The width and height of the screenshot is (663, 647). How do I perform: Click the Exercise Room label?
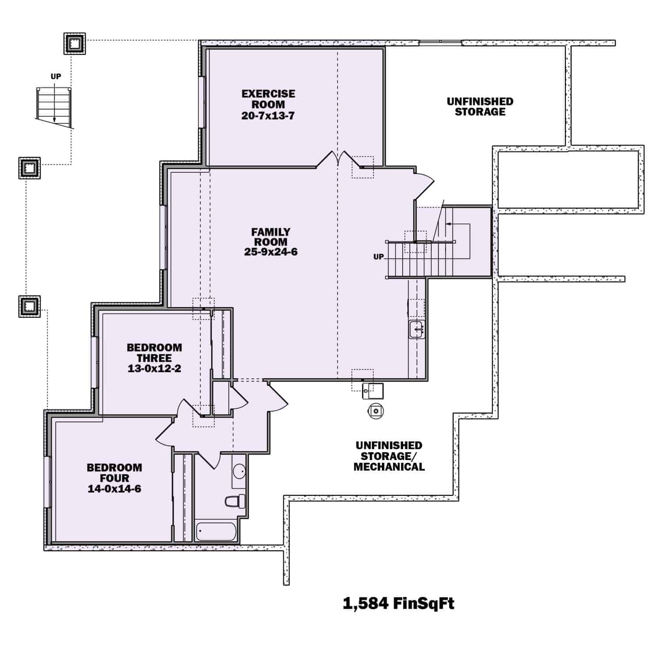pyautogui.click(x=268, y=99)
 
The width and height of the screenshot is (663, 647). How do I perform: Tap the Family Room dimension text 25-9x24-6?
pyautogui.click(x=271, y=252)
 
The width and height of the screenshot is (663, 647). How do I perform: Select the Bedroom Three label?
pyautogui.click(x=154, y=353)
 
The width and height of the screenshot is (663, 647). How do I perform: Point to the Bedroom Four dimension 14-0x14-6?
pyautogui.click(x=114, y=489)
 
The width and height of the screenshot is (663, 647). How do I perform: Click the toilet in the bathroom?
pyautogui.click(x=233, y=501)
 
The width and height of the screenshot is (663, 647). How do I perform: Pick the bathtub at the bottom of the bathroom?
pyautogui.click(x=216, y=531)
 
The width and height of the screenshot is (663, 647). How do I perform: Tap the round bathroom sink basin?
pyautogui.click(x=240, y=472)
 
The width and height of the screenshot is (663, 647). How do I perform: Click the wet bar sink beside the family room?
pyautogui.click(x=416, y=329)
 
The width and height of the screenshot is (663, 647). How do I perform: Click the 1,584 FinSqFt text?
pyautogui.click(x=398, y=603)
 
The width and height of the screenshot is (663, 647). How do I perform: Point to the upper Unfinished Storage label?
pyautogui.click(x=480, y=107)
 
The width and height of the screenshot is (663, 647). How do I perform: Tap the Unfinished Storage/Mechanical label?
pyautogui.click(x=389, y=456)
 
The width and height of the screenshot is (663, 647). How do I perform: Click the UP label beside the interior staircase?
pyautogui.click(x=379, y=257)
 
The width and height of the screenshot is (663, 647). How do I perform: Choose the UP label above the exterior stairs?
pyautogui.click(x=56, y=76)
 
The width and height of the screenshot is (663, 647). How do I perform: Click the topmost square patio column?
pyautogui.click(x=74, y=43)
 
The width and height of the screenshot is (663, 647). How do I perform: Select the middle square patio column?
pyautogui.click(x=30, y=168)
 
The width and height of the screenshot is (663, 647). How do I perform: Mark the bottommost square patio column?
pyautogui.click(x=30, y=306)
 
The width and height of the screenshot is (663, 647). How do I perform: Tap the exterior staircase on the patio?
pyautogui.click(x=54, y=106)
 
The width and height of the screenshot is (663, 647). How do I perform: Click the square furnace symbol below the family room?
pyautogui.click(x=373, y=391)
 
